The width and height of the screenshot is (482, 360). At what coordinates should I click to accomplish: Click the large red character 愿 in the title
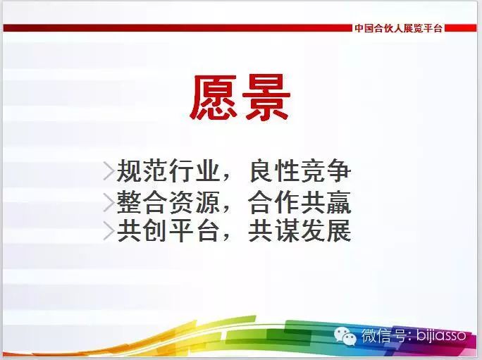tap(214, 97)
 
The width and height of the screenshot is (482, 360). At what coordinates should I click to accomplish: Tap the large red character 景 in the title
tap(266, 97)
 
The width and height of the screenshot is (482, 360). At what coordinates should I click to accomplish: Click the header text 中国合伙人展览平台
tap(398, 28)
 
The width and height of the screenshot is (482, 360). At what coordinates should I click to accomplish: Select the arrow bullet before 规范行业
tap(109, 170)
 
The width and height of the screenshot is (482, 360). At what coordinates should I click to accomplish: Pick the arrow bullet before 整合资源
tap(109, 202)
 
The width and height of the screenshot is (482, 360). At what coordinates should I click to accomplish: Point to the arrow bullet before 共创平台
tap(109, 230)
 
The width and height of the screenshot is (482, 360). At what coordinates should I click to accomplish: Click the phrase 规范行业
tap(169, 170)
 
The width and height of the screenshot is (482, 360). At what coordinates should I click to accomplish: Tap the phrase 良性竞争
tap(300, 170)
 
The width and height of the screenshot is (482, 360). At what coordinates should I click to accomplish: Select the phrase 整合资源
tap(169, 202)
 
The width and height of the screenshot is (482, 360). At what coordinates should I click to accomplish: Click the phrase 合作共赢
tap(300, 202)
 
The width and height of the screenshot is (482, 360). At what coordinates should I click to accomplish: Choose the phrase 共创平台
tap(169, 230)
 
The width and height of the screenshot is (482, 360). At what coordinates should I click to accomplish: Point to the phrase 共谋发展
tap(300, 230)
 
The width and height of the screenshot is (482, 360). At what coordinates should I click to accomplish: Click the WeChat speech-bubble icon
tap(345, 336)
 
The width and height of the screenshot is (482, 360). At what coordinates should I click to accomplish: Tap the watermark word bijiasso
tap(441, 335)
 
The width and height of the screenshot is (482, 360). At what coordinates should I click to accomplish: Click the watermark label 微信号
tap(385, 335)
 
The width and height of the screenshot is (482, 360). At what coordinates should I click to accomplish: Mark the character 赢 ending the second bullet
tap(339, 202)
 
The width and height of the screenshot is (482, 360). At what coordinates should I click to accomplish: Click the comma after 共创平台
tap(227, 238)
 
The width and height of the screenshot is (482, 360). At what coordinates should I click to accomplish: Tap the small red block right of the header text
tap(460, 28)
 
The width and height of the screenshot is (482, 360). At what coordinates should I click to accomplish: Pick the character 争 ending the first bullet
tap(339, 170)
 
